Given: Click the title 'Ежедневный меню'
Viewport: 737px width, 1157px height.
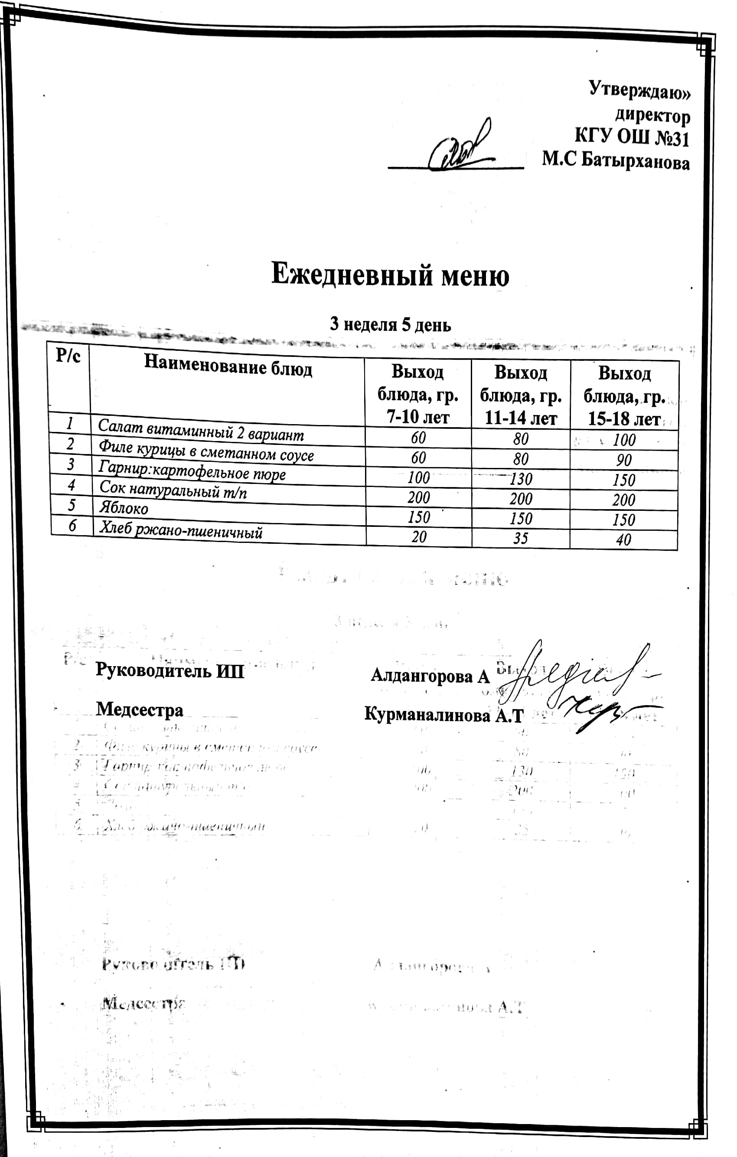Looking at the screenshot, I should click(x=390, y=275).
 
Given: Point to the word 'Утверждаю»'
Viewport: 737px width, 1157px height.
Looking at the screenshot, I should click(x=639, y=90).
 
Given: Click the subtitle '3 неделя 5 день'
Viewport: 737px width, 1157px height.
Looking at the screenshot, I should click(x=390, y=325).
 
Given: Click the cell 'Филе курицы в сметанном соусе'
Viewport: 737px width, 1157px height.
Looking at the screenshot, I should click(x=206, y=451).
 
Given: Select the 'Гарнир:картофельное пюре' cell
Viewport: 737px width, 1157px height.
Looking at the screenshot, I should click(x=192, y=471).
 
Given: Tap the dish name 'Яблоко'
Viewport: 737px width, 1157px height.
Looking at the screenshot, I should click(x=124, y=507).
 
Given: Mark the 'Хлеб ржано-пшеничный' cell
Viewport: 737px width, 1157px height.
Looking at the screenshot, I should click(x=181, y=530).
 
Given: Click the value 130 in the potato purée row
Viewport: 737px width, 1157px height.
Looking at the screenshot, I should click(x=521, y=479).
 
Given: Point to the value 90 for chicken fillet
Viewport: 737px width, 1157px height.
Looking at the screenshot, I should click(x=623, y=460).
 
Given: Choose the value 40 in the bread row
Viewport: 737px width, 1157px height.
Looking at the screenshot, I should click(x=623, y=539).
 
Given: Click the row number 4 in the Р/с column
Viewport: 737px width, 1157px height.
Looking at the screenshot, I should click(x=71, y=485).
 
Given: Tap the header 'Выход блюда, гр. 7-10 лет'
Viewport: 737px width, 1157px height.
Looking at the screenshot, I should click(x=417, y=395).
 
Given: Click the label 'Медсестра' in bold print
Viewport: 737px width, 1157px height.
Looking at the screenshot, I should click(x=139, y=709).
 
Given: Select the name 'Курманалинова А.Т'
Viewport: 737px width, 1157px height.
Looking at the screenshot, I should click(x=443, y=715).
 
